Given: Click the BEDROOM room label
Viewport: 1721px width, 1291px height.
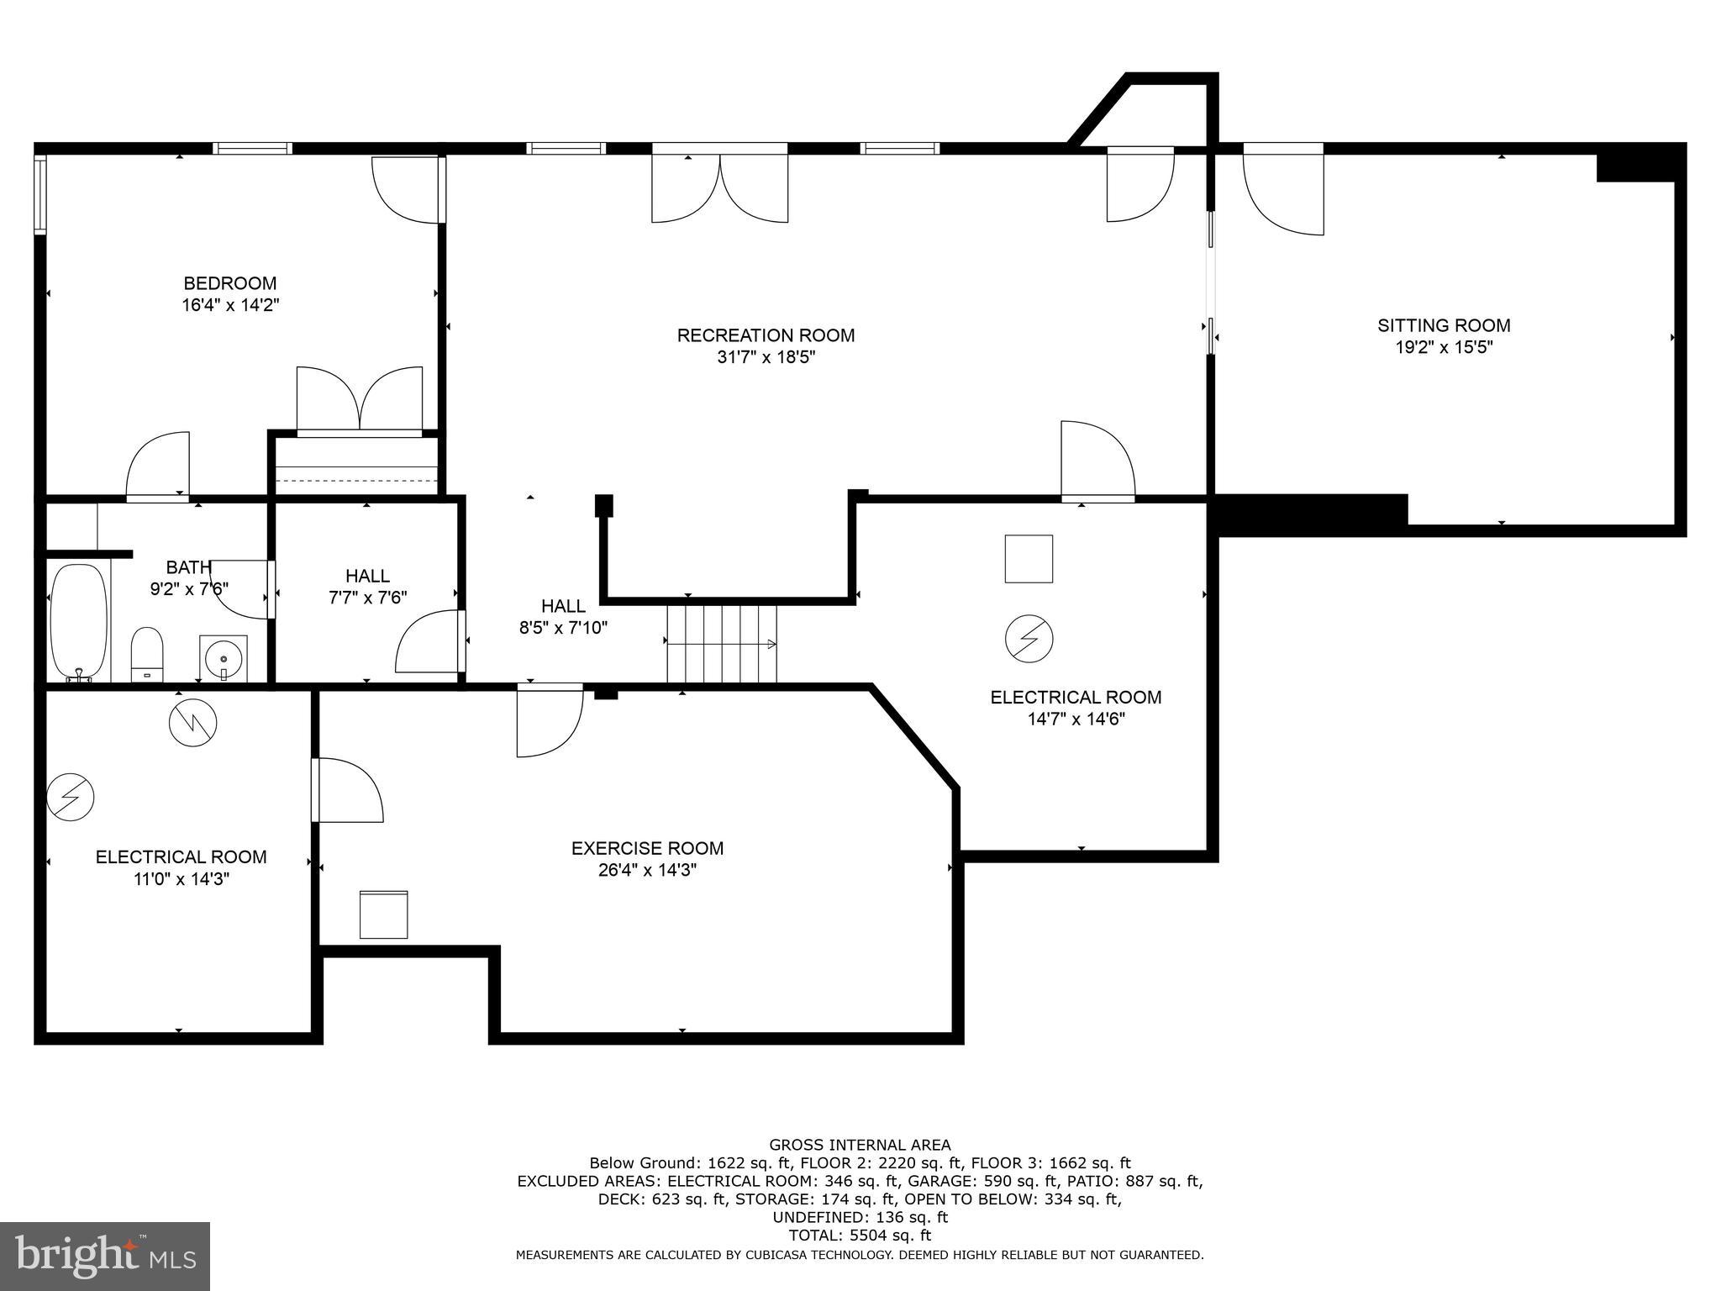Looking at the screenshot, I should [229, 283].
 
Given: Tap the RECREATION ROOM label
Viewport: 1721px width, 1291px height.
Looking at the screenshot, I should [766, 335].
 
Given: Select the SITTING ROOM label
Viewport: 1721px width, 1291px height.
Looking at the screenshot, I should [1443, 325].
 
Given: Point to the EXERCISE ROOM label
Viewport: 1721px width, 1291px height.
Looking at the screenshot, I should [647, 848].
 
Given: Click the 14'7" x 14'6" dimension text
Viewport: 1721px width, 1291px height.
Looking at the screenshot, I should [1076, 719].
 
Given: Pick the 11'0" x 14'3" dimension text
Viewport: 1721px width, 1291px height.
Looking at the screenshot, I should [182, 879].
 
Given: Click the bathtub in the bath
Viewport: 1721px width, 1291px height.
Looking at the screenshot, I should [79, 622].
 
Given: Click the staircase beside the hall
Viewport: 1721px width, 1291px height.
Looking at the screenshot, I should [722, 644].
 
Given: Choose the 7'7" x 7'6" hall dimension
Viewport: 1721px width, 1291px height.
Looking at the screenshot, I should [367, 598].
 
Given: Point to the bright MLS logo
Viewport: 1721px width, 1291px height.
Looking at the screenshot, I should [105, 1257].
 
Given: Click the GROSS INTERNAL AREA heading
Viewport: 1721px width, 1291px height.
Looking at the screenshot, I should [860, 1145].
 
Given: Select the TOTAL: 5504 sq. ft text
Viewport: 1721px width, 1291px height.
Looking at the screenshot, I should [860, 1236].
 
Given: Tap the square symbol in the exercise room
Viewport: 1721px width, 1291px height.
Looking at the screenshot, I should [384, 914].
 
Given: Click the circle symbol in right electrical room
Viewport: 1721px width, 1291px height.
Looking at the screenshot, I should [1029, 639].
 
